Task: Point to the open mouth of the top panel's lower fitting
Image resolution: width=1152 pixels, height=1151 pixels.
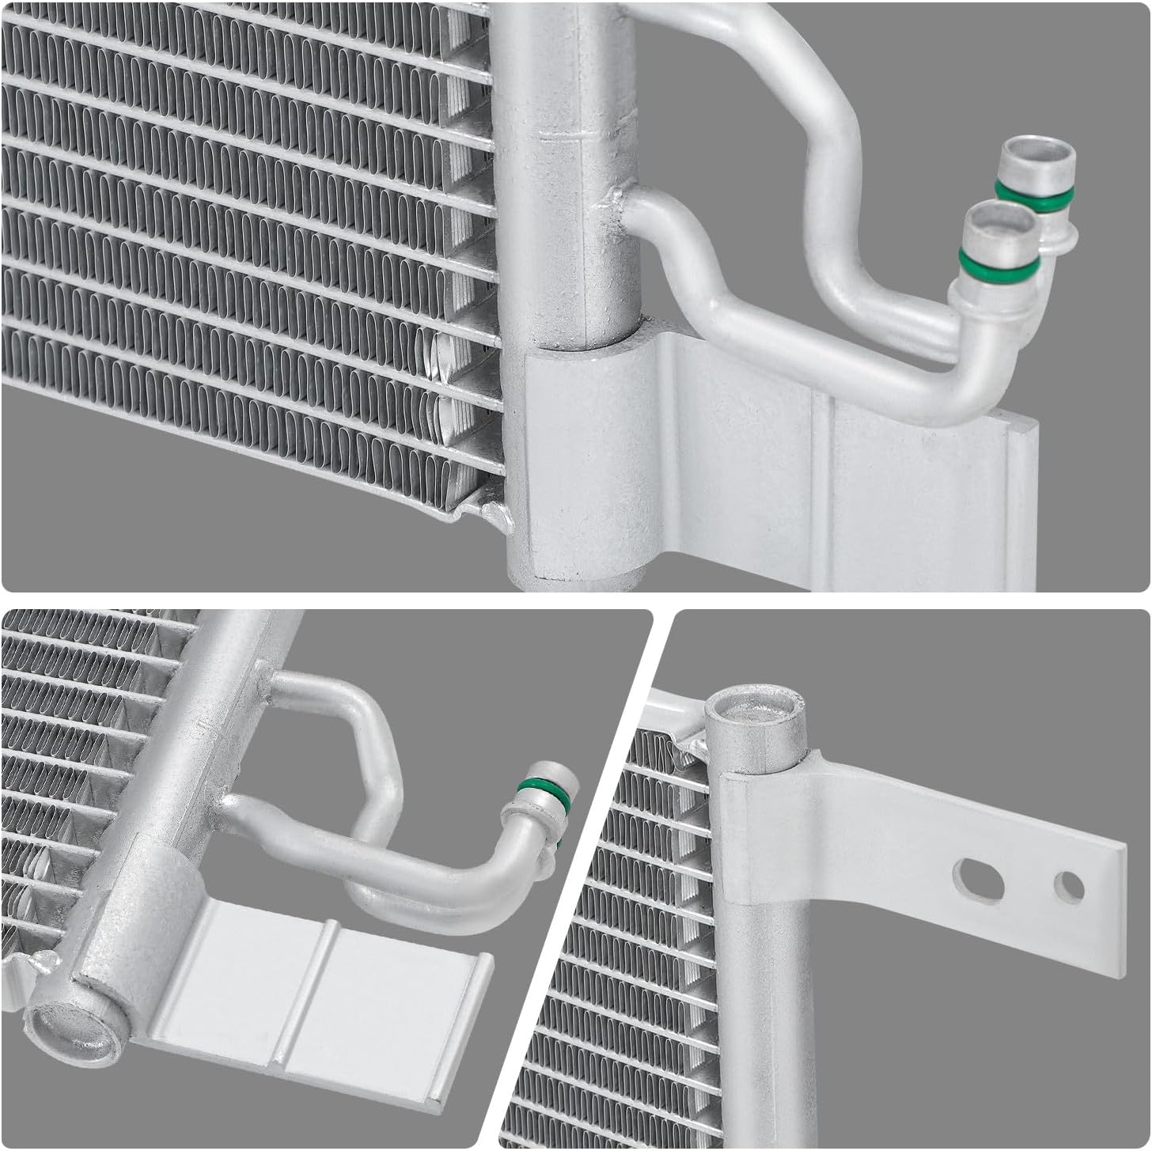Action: [999, 218]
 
